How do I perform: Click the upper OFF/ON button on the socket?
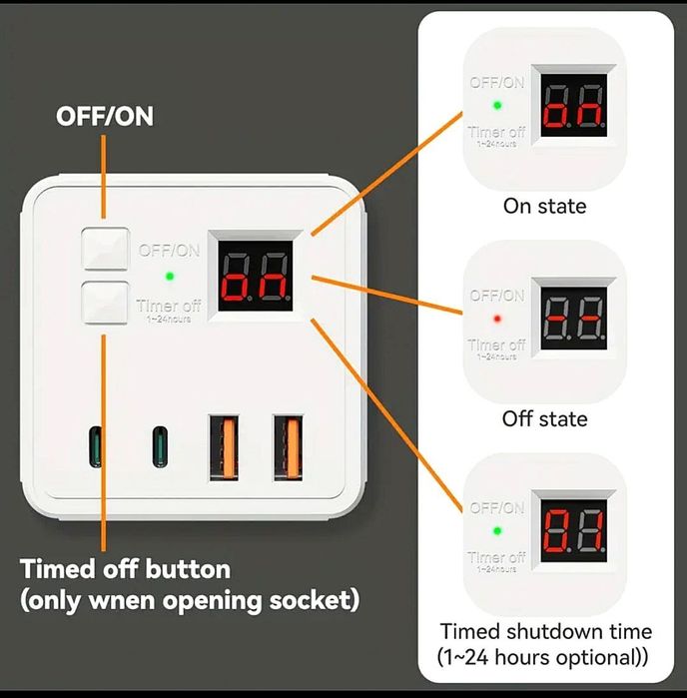(105, 250)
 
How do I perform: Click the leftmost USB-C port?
(95, 446)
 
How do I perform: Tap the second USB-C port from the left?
(160, 446)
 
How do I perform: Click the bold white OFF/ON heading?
(105, 116)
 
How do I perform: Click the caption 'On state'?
(544, 207)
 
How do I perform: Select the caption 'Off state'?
(544, 418)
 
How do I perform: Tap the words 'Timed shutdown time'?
(546, 631)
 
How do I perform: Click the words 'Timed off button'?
(126, 570)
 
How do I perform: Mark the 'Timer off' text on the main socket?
(169, 306)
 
